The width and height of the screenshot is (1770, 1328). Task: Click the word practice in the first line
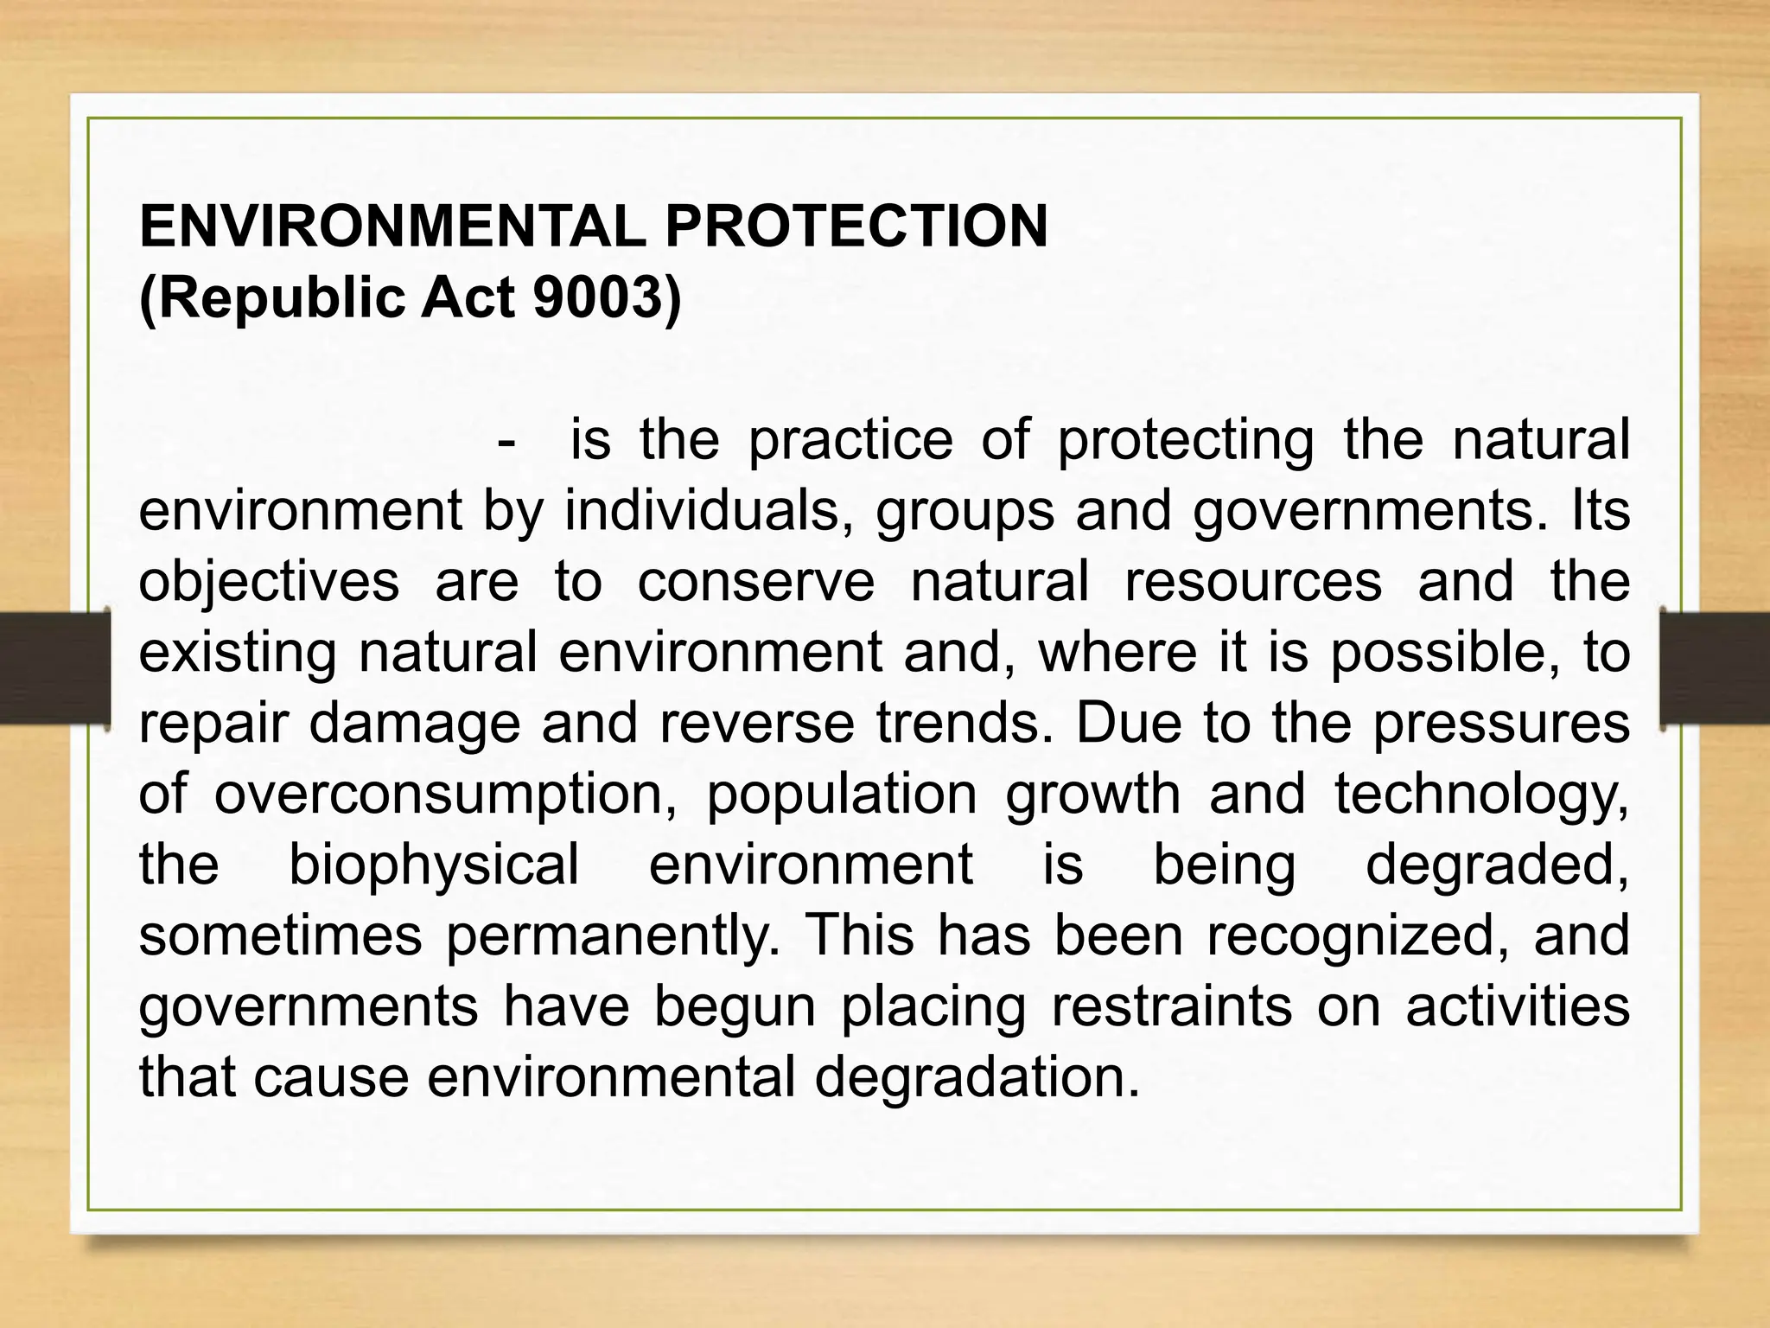coord(850,440)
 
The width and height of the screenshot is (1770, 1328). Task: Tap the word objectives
coord(269,582)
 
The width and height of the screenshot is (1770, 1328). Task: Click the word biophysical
coord(434,865)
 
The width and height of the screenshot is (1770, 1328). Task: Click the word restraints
coord(1169,1007)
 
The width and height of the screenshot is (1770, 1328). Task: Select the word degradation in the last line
coord(977,1078)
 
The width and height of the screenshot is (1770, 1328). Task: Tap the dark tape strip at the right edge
coord(1715,667)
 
